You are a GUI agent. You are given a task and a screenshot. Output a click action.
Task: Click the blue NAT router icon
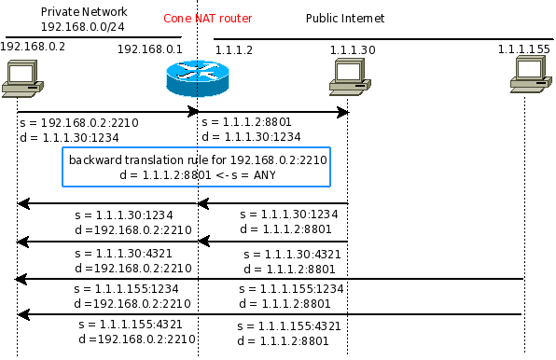[198, 78]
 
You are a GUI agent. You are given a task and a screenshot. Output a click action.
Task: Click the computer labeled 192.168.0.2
[22, 78]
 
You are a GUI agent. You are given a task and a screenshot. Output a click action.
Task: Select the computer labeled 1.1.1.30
[350, 77]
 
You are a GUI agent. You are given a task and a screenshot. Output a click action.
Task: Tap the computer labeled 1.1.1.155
[531, 76]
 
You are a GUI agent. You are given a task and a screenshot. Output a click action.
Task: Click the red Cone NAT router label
[207, 19]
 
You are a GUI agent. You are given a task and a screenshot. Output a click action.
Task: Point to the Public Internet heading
[345, 19]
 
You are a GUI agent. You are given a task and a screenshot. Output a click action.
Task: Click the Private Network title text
[84, 12]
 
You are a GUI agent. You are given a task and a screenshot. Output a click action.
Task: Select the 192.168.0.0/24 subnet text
[83, 27]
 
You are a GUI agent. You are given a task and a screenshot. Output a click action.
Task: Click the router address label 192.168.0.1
[149, 49]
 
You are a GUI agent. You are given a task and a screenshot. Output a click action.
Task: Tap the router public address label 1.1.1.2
[233, 50]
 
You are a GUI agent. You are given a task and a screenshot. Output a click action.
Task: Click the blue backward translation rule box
[197, 167]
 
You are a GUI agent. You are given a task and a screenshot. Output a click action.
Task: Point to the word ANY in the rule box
[264, 175]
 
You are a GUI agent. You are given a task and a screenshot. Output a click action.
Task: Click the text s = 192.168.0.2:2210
[79, 122]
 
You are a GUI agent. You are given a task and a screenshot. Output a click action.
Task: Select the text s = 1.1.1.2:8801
[246, 122]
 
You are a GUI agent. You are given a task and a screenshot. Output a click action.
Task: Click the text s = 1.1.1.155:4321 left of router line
[130, 325]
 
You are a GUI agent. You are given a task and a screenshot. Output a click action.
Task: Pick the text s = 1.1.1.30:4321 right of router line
[292, 255]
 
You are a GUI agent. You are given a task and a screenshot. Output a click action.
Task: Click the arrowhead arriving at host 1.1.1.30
[343, 112]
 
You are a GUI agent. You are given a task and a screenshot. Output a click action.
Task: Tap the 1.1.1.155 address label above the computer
[523, 48]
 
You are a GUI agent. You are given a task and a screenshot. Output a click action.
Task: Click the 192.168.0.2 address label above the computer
[33, 47]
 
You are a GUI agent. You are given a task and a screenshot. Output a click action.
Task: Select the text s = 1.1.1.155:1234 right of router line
[291, 289]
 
